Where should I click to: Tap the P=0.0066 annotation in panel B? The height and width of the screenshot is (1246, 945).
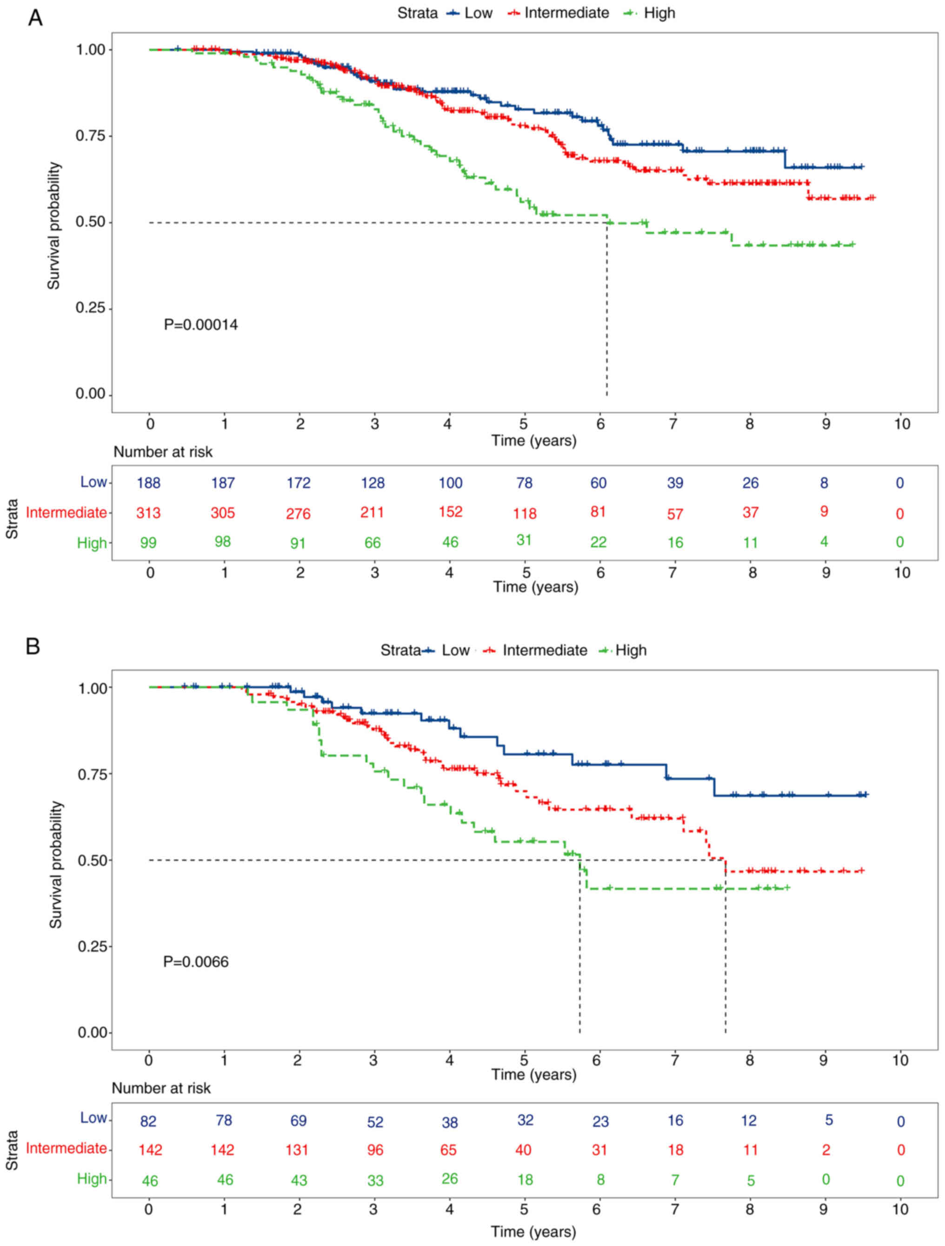(x=196, y=962)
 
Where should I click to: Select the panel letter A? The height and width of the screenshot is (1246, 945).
(x=35, y=19)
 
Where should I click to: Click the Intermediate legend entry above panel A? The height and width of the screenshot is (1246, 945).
(x=566, y=13)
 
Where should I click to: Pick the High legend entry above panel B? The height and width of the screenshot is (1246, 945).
(x=631, y=650)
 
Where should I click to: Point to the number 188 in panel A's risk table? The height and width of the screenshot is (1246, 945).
(x=149, y=483)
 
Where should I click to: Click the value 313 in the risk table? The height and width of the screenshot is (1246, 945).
(x=149, y=513)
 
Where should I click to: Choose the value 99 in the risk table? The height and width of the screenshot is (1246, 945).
(x=149, y=543)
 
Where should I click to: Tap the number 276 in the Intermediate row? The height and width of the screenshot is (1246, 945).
(x=299, y=514)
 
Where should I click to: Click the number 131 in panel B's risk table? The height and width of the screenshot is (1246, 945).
(x=297, y=1150)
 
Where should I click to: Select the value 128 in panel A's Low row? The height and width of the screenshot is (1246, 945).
(x=373, y=483)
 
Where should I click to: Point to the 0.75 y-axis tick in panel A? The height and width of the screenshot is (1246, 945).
(x=91, y=136)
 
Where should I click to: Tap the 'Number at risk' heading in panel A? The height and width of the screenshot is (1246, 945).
(x=163, y=452)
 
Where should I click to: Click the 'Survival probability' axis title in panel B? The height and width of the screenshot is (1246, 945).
(x=55, y=864)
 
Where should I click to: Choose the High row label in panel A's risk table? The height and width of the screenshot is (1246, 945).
(x=92, y=543)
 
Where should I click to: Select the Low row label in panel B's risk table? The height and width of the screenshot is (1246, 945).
(x=93, y=1118)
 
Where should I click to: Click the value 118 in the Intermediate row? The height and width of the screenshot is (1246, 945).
(x=525, y=514)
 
